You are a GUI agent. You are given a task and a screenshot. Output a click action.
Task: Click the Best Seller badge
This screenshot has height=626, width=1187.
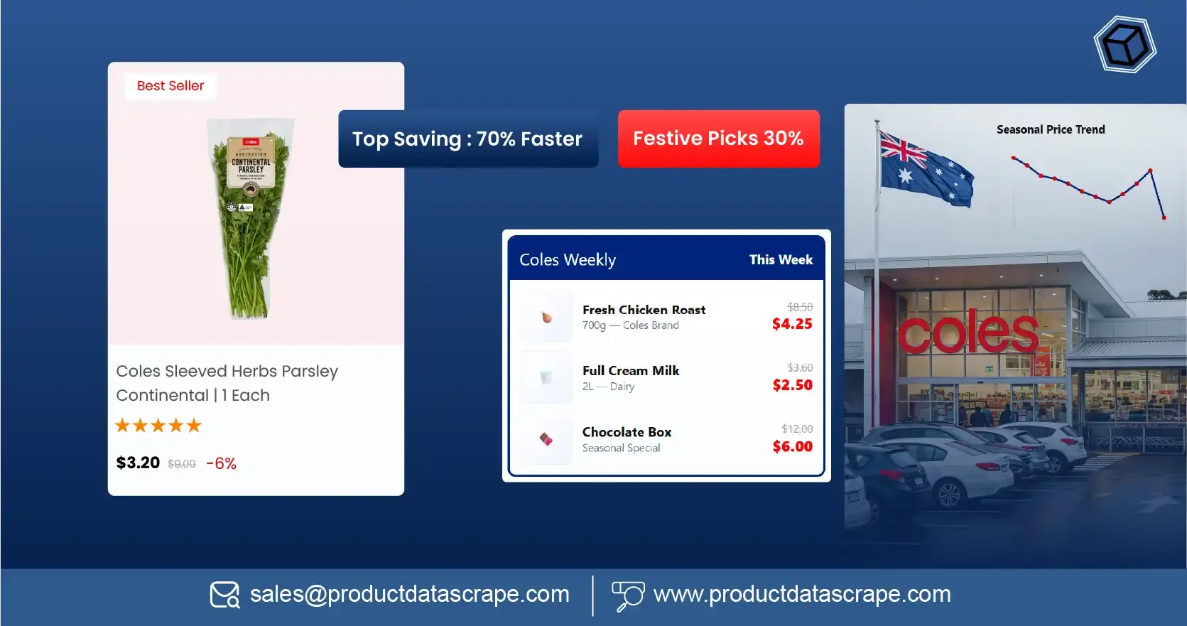coord(170,86)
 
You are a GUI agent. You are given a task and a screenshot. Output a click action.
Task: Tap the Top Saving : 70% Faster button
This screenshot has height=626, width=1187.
coord(467,139)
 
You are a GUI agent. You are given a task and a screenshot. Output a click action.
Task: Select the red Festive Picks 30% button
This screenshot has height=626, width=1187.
coord(718,139)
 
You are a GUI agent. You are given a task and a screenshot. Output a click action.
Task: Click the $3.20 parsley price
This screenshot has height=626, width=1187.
coord(138,463)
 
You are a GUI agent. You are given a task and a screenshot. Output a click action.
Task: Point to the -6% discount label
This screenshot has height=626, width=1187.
coord(221,463)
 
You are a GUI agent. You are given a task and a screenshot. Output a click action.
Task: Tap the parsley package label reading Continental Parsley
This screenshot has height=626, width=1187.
coord(251,165)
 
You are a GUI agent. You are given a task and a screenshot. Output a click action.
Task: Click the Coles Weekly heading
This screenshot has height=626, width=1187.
coord(568,260)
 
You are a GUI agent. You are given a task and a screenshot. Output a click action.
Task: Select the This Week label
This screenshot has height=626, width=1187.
coord(781,260)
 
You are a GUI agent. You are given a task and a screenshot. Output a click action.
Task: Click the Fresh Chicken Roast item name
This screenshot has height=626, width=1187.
coord(644,310)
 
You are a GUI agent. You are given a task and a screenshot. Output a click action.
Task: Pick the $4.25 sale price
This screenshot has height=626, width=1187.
coord(792,324)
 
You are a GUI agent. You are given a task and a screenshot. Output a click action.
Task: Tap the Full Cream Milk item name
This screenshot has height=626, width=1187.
coord(631,371)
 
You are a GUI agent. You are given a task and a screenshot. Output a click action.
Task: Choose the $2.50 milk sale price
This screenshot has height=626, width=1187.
coord(792,385)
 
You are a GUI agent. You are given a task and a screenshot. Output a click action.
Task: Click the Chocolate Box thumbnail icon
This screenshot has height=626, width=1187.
coord(546,439)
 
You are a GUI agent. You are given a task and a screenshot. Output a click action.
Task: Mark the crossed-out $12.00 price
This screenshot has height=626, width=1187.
coord(797,429)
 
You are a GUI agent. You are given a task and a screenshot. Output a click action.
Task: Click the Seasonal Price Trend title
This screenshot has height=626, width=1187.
coord(1051,129)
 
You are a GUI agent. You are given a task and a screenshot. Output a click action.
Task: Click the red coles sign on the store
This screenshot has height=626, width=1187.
coord(968,332)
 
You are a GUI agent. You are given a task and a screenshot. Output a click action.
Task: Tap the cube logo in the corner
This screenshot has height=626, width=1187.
coord(1124,45)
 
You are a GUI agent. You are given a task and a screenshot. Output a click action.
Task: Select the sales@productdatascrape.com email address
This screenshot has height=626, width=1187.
coord(409,594)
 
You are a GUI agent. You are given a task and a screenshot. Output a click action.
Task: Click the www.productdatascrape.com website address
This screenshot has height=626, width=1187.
coord(801,594)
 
